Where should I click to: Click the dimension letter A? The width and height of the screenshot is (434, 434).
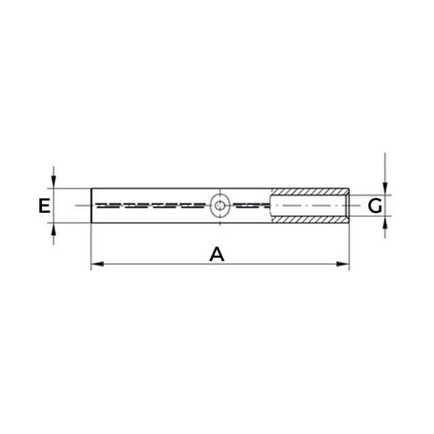217,254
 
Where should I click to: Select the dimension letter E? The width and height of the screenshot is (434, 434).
44,205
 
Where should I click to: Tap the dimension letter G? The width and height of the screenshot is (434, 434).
375,206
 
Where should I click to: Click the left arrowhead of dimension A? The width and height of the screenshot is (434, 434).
98,264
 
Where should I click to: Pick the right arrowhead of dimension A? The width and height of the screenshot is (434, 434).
342,264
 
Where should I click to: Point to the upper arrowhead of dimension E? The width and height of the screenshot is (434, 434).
54,182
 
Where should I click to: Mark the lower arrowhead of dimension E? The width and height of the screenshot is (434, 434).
54,229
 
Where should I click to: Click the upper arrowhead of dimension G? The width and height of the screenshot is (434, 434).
384,189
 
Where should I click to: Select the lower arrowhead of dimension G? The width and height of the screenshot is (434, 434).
384,222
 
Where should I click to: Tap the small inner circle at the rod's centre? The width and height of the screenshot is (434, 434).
220,205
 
